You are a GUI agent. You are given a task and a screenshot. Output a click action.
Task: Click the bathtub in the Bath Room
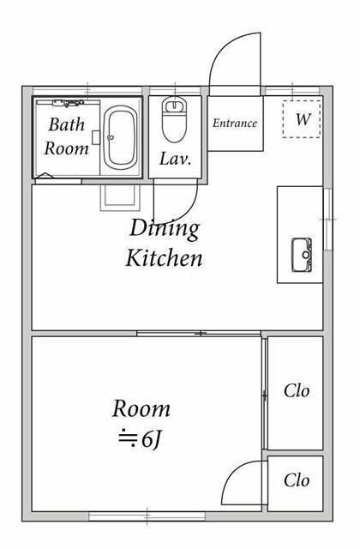pos(120,138)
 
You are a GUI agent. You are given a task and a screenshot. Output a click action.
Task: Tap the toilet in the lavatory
pos(174,119)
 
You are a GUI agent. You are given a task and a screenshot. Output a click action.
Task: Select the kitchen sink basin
pos(302,255)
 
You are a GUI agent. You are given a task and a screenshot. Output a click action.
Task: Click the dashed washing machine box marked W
pos(302,119)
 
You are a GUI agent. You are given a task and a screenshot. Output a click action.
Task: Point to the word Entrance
pos(235,123)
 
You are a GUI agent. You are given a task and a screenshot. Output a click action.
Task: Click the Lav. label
pos(175,159)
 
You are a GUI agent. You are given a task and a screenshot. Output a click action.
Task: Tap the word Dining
pos(165,229)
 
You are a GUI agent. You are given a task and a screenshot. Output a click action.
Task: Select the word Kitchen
pos(164,258)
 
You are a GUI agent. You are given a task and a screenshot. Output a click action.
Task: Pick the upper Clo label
pos(297,391)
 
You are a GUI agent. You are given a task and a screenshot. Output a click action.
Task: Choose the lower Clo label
pos(297,480)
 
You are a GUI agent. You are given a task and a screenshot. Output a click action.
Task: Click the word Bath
pos(67,124)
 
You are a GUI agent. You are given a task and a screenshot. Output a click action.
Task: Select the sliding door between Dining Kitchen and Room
pos(199,334)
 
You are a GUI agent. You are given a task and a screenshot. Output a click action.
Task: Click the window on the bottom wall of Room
pos(147,516)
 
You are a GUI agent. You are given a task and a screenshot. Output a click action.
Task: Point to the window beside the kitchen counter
pos(327,220)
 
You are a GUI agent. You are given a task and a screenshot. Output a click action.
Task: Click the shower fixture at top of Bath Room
pos(68,103)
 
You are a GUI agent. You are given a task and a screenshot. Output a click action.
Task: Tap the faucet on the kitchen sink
pos(307,255)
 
